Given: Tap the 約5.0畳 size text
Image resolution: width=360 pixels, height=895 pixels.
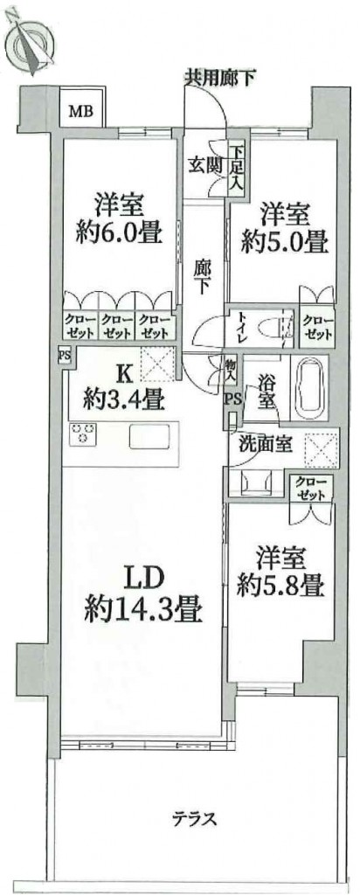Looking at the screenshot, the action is [284, 243].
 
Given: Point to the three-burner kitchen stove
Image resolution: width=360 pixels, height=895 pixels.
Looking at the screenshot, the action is [80, 434].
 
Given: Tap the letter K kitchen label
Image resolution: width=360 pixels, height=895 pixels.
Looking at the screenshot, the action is [125, 374].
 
